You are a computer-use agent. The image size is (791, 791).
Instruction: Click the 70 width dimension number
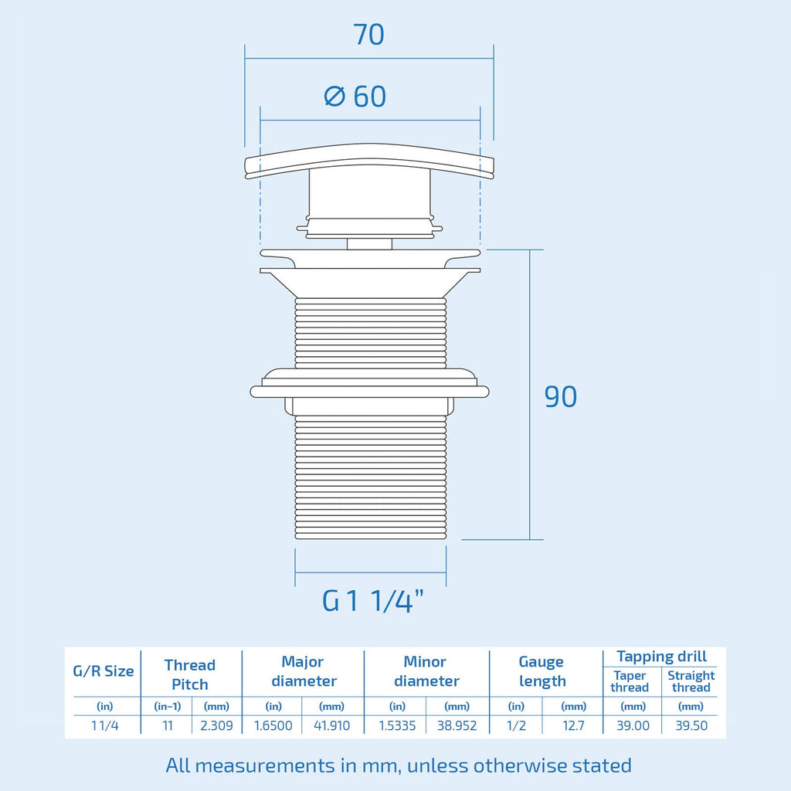pyautogui.click(x=368, y=34)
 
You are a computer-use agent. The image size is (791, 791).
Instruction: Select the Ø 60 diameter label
pyautogui.click(x=355, y=96)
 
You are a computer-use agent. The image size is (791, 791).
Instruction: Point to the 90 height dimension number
pyautogui.click(x=561, y=396)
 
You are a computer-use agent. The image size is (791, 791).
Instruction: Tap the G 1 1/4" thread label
pyautogui.click(x=373, y=601)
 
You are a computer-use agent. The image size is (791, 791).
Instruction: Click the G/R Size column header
pyautogui.click(x=104, y=671)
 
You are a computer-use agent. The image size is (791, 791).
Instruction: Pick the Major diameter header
pyautogui.click(x=304, y=671)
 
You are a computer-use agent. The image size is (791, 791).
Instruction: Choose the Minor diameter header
pyautogui.click(x=426, y=671)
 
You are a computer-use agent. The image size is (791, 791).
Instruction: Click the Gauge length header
pyautogui.click(x=542, y=671)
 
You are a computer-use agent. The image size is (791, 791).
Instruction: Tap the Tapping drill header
pyautogui.click(x=661, y=657)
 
